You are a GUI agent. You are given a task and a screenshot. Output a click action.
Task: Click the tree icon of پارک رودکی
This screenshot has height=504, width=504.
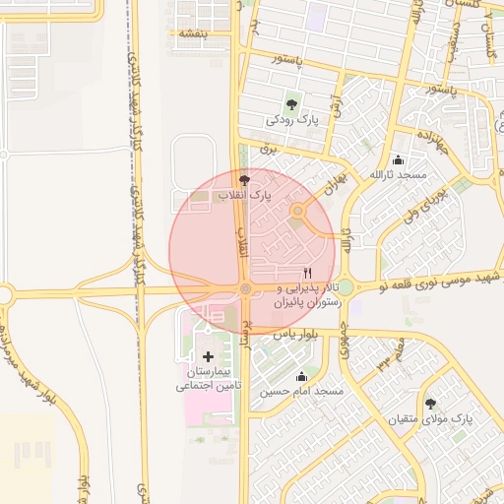point(291,103)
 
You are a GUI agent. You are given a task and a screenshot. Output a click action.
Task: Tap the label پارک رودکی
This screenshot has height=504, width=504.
point(292,120)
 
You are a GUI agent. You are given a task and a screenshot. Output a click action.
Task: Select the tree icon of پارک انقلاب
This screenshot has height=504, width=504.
point(244,180)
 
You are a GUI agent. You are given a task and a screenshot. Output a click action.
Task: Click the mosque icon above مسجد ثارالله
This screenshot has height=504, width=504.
point(398,159)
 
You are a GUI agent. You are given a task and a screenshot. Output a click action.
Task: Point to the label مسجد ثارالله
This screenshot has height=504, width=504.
point(397,174)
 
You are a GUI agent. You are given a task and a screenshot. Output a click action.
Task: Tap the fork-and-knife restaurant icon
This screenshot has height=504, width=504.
point(308,273)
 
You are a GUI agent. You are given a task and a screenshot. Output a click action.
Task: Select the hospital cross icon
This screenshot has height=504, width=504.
point(207,355)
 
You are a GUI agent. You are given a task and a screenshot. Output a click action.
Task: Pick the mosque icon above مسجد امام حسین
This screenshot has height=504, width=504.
point(301,376)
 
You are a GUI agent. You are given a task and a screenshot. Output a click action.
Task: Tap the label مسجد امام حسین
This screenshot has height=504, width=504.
point(301,392)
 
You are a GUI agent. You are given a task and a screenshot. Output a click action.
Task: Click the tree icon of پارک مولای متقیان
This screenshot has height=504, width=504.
point(430,403)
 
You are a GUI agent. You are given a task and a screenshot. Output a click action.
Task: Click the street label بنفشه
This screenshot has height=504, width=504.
point(189,33)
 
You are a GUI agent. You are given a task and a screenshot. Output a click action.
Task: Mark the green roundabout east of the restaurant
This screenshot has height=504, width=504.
point(346,286)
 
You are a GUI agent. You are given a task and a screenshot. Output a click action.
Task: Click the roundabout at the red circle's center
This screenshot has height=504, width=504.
point(245,288)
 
